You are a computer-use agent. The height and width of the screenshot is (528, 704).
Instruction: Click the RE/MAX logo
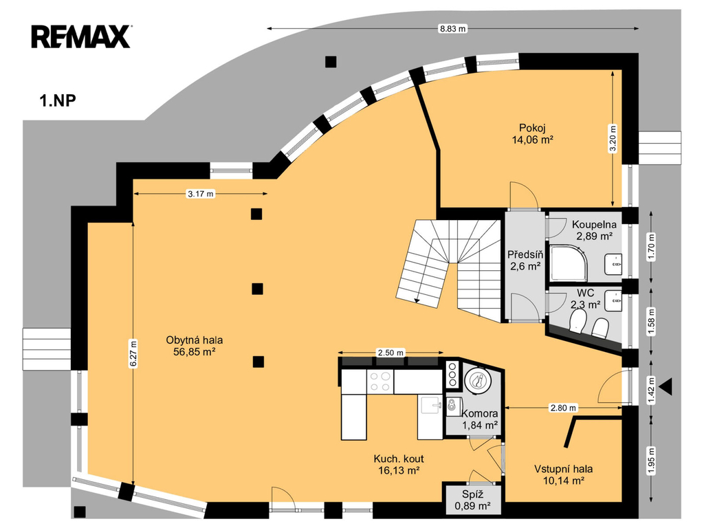click(x=81, y=37)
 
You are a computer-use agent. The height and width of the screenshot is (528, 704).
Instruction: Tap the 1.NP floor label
click(x=58, y=100)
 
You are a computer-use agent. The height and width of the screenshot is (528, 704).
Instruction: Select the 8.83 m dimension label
click(x=452, y=29)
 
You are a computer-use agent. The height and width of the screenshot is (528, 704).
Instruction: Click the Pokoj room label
click(x=532, y=128)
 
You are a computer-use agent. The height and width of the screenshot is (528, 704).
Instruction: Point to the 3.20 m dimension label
click(x=613, y=139)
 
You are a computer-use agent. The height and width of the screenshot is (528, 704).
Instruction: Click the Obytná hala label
click(x=195, y=340)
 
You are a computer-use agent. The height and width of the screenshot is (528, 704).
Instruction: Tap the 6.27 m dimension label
click(x=133, y=354)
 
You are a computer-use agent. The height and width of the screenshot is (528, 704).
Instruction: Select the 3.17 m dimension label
click(x=201, y=194)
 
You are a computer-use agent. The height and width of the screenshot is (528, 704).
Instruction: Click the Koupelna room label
click(x=594, y=225)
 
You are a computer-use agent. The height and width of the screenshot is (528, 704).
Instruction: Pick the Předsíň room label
click(x=525, y=254)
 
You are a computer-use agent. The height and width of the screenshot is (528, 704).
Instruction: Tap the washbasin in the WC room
click(x=613, y=300)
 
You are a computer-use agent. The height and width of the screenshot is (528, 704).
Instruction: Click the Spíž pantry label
click(x=473, y=495)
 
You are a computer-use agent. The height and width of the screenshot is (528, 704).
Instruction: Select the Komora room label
click(x=479, y=413)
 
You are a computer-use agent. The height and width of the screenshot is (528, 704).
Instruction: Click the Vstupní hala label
click(x=564, y=469)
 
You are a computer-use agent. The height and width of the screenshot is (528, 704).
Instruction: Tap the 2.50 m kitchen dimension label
click(x=390, y=353)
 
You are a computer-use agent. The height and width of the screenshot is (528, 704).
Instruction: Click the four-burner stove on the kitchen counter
click(x=380, y=382)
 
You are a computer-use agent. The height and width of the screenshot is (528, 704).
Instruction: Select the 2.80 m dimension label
click(x=563, y=408)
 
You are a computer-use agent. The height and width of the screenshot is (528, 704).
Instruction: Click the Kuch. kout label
click(x=399, y=459)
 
